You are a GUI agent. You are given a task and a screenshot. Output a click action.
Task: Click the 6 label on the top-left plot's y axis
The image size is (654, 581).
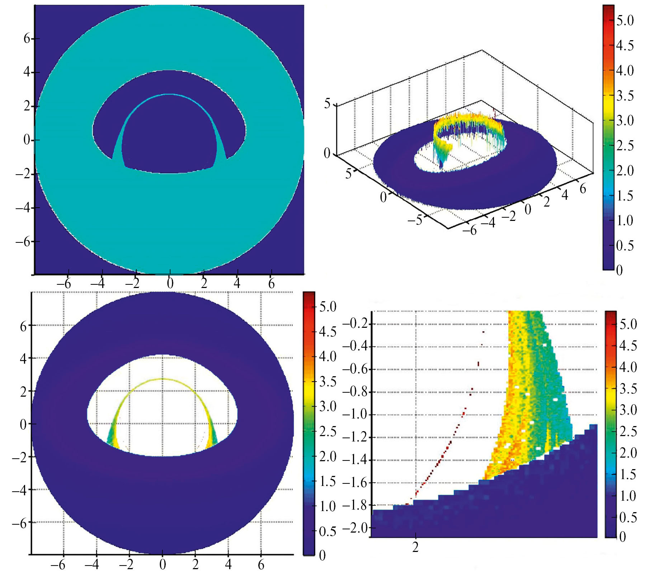27,38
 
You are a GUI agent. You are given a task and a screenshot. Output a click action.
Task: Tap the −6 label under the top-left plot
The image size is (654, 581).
63,284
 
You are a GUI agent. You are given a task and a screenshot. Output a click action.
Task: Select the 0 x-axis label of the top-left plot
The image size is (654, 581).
170,284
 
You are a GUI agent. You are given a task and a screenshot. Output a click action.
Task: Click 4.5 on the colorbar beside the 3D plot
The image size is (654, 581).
625,46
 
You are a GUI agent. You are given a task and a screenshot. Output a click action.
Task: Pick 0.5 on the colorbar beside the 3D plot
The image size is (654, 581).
625,246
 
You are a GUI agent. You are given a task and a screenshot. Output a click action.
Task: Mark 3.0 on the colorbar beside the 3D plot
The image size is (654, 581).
625,121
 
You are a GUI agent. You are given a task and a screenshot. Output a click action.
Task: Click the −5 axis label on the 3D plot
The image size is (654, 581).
415,219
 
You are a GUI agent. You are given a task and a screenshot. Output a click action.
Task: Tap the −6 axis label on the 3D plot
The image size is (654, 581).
470,230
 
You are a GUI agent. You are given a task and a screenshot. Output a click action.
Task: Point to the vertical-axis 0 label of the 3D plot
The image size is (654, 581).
327,153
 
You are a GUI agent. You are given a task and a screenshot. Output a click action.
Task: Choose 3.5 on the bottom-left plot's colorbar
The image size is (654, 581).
328,382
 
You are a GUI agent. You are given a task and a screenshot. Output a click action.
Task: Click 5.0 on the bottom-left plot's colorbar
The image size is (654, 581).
328,307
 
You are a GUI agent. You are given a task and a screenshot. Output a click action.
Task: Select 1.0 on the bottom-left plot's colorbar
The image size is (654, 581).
328,506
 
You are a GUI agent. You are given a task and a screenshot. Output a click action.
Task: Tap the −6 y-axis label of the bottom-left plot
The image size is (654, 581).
19,523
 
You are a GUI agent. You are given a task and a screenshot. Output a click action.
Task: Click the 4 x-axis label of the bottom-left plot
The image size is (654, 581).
228,565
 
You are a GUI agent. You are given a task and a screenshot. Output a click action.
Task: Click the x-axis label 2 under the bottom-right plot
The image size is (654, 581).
415,547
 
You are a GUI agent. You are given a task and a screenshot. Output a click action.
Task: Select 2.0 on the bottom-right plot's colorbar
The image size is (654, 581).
628,453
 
